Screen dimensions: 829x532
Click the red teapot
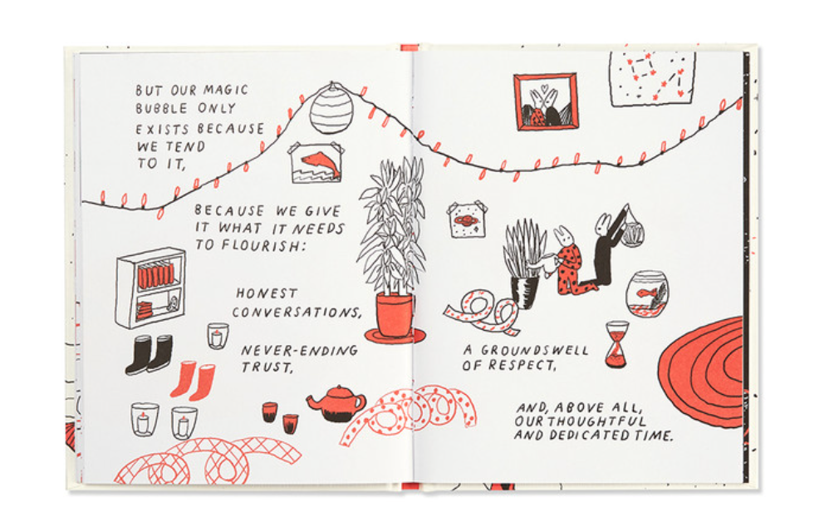click(336, 403)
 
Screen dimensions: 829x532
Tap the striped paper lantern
click(331, 109)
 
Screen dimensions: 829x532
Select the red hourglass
click(617, 344)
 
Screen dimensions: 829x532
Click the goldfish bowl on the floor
click(647, 295)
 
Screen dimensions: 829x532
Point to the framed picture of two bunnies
click(545, 102)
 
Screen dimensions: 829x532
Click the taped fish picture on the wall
click(316, 163)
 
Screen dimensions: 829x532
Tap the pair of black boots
click(150, 354)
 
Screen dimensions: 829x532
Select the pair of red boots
click(193, 380)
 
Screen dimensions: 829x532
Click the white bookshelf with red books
click(151, 288)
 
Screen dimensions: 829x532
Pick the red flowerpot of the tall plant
click(395, 318)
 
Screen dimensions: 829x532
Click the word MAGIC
click(225, 90)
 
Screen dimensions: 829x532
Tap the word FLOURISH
click(260, 245)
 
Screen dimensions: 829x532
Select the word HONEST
click(267, 293)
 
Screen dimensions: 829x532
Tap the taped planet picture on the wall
click(466, 219)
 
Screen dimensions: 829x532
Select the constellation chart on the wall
click(652, 78)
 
